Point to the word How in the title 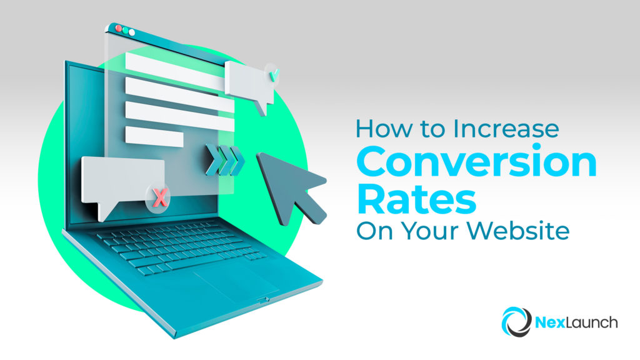[x=376, y=129]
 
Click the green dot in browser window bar [x=132, y=30]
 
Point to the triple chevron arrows [x=222, y=160]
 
